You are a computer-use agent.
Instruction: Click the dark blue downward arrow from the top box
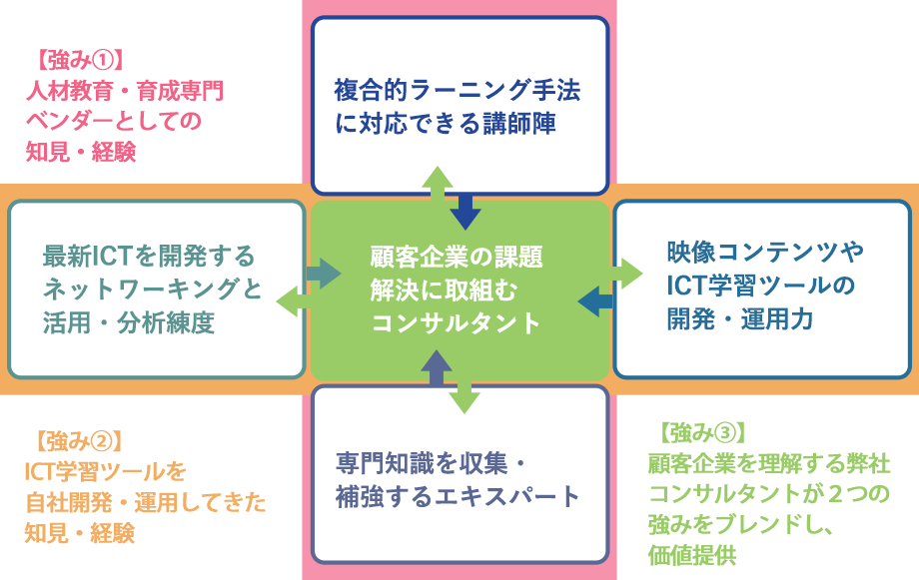(x=465, y=212)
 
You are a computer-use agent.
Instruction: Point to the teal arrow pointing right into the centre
(x=323, y=273)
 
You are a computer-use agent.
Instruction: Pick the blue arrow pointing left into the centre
(x=595, y=301)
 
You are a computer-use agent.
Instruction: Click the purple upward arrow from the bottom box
(x=437, y=368)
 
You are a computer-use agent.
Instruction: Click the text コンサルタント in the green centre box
(x=456, y=322)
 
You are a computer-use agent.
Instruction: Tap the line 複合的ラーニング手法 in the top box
(x=458, y=90)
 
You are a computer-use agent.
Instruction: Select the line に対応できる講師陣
(x=446, y=124)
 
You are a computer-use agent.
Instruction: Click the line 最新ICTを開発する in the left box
(x=149, y=256)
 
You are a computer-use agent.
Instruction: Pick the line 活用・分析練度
(x=128, y=322)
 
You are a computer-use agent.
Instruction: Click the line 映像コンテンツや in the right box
(x=765, y=252)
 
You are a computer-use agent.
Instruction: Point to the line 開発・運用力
(x=740, y=319)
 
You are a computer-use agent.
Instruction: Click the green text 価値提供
(x=692, y=555)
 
